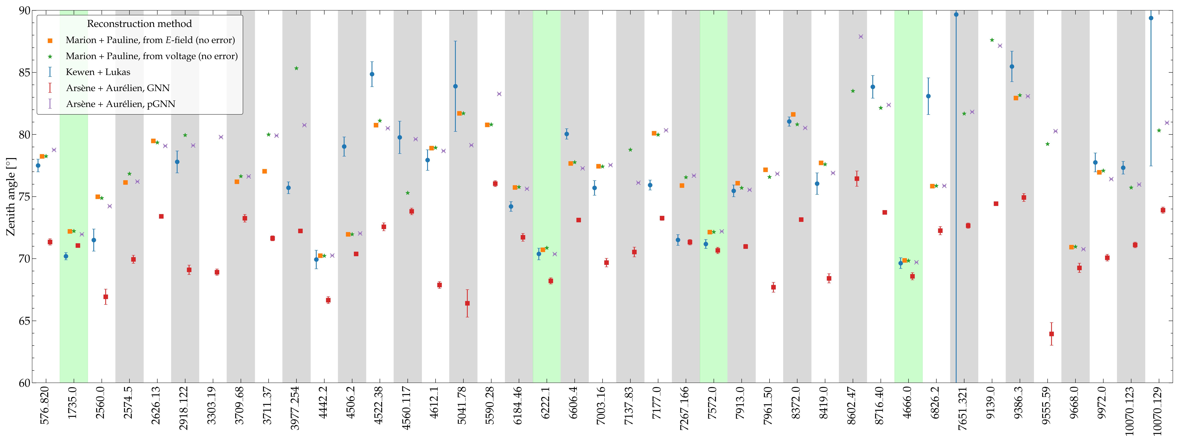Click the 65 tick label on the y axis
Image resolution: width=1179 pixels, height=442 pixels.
point(24,321)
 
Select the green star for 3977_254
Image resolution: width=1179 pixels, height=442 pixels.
point(296,68)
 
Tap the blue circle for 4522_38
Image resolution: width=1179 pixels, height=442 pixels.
point(372,74)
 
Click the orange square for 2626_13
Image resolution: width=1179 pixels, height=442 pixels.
point(153,141)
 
